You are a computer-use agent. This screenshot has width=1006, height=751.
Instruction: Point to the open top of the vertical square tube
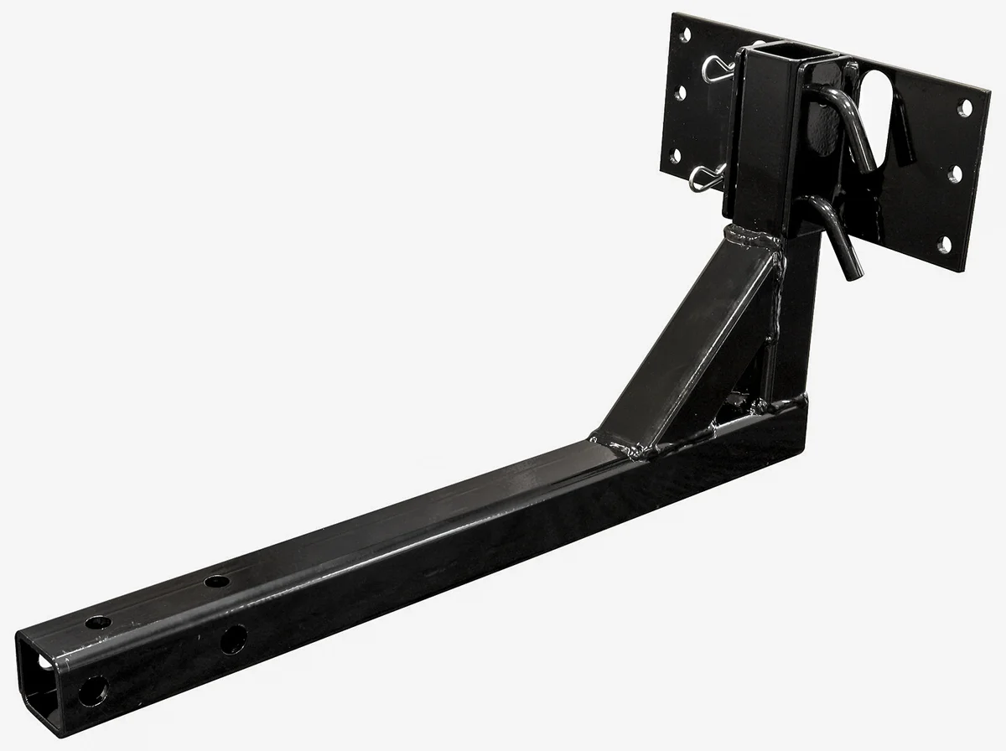pos(777,60)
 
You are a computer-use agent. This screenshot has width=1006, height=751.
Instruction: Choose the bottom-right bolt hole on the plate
pos(946,244)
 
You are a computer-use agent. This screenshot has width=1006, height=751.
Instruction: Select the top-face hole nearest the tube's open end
pos(99,623)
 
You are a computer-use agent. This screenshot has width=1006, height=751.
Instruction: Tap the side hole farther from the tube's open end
pos(231,640)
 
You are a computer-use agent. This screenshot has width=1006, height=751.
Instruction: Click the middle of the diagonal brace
pos(687,344)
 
